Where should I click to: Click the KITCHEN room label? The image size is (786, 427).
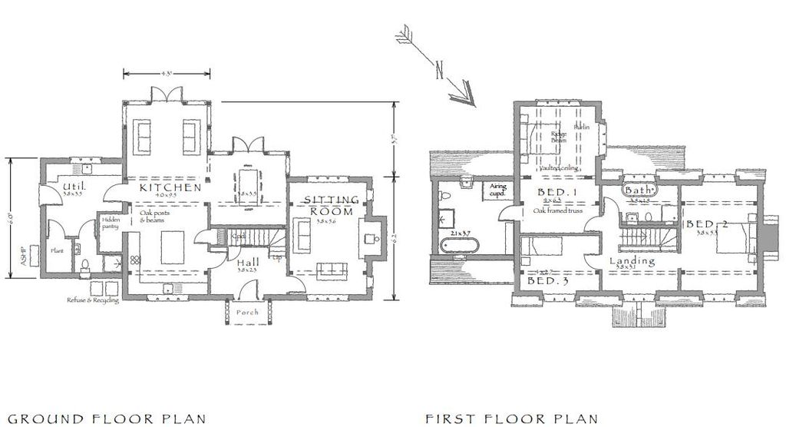pos(170,187)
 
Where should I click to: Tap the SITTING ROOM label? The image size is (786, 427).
pos(332,205)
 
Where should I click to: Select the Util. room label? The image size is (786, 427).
pos(74,187)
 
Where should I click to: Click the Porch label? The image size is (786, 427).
pos(247,313)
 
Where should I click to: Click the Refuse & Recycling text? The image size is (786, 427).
pos(92,300)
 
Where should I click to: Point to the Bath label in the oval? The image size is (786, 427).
pos(639,190)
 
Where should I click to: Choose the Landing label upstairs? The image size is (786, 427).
pos(632,261)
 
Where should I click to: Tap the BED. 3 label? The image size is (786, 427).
pos(542,282)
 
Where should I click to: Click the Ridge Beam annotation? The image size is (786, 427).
pos(559,137)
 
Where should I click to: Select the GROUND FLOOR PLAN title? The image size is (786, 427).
pos(103,419)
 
